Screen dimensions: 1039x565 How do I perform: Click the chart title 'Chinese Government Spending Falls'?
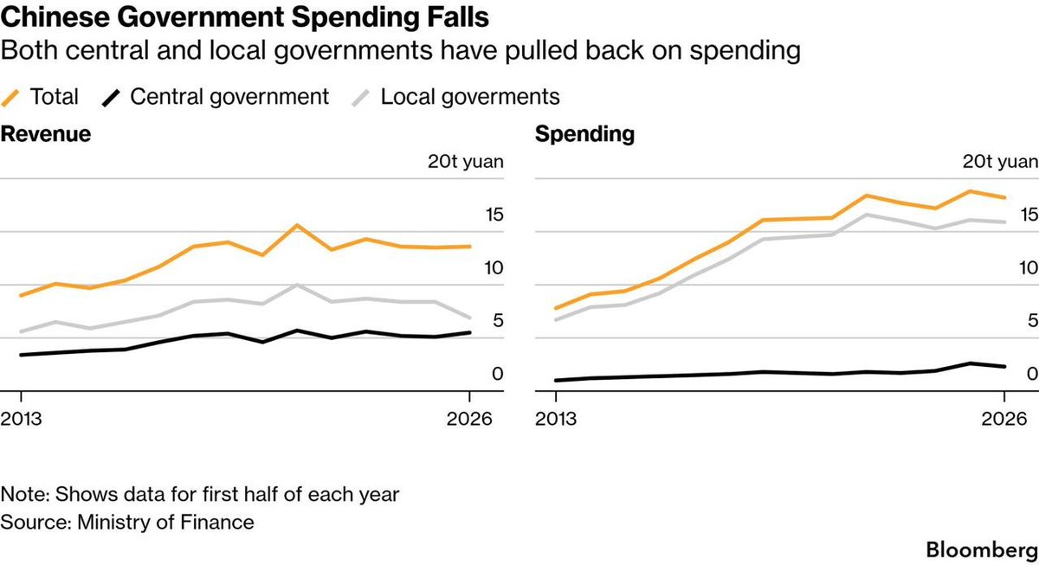click(x=244, y=17)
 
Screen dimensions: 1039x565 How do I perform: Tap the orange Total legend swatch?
click(x=10, y=98)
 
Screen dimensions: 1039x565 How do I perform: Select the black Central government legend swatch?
click(x=111, y=98)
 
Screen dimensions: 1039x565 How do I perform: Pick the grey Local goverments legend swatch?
click(x=361, y=98)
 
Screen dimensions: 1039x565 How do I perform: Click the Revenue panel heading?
click(x=45, y=134)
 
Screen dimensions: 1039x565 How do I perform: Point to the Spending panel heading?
click(x=584, y=134)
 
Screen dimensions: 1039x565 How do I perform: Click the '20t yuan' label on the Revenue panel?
click(x=465, y=161)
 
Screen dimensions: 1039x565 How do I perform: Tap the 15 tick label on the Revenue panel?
click(x=494, y=215)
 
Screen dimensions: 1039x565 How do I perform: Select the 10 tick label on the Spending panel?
click(x=1029, y=268)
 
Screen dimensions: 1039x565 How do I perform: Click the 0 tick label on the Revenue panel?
click(x=498, y=374)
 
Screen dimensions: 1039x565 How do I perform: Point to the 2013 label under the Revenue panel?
click(x=21, y=419)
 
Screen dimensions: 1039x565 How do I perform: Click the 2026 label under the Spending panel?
click(x=1004, y=419)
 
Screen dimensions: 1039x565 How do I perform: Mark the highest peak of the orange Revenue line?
click(x=297, y=225)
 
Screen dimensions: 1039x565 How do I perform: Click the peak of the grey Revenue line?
click(x=297, y=285)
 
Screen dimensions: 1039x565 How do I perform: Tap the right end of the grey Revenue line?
click(x=470, y=318)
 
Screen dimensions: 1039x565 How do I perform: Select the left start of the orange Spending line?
click(x=556, y=308)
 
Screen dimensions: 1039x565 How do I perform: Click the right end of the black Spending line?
click(x=1004, y=367)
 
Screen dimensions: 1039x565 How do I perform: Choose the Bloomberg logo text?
click(x=982, y=550)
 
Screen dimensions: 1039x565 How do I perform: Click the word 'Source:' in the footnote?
click(x=35, y=523)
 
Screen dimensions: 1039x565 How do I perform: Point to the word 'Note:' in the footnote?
click(x=25, y=495)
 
